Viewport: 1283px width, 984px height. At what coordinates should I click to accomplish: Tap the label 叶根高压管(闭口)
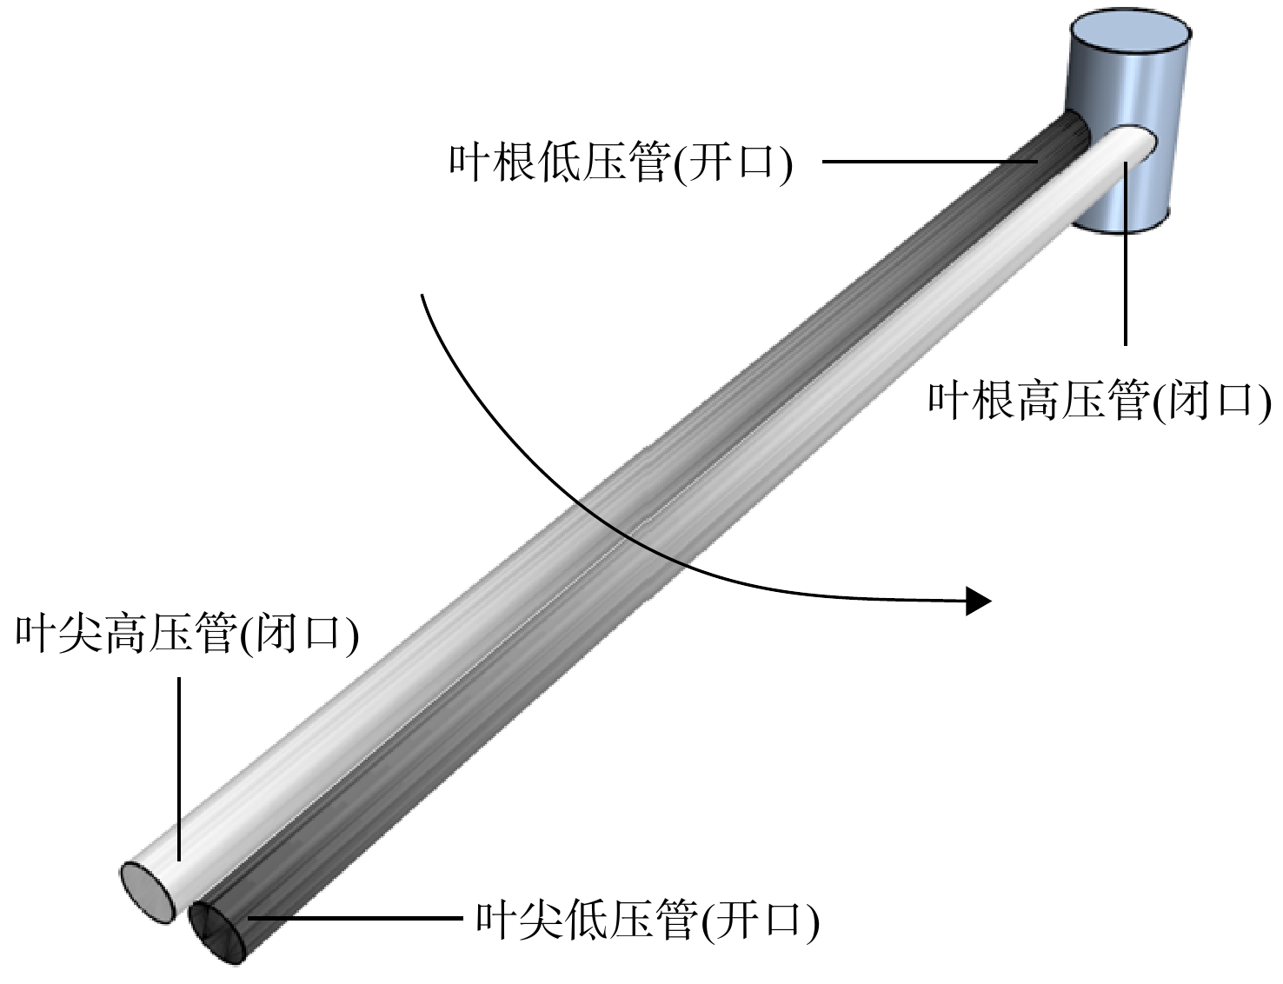click(1100, 401)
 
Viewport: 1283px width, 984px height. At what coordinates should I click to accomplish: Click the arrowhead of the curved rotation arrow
click(978, 602)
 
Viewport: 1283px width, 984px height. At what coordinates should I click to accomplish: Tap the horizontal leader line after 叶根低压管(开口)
click(929, 161)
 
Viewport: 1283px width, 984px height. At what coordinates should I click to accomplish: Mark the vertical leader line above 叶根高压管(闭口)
click(1125, 253)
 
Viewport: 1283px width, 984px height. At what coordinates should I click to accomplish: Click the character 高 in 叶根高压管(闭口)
click(1038, 401)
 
